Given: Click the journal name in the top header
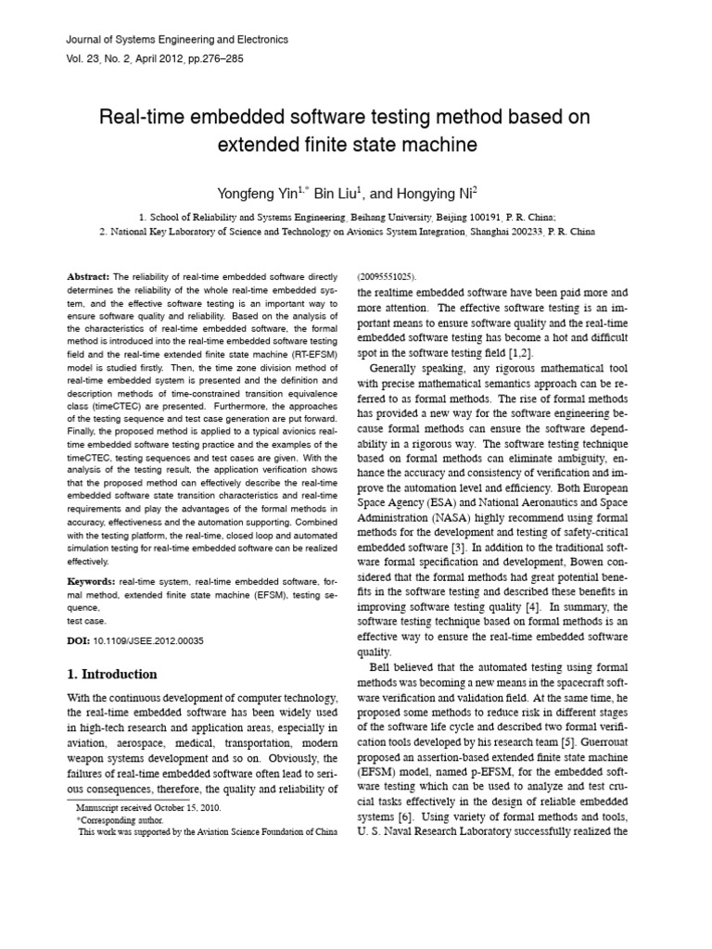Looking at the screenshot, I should [178, 40].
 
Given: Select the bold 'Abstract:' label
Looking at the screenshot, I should [88, 277].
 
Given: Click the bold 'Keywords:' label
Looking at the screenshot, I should [91, 580].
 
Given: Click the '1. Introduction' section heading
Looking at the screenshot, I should [112, 674].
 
